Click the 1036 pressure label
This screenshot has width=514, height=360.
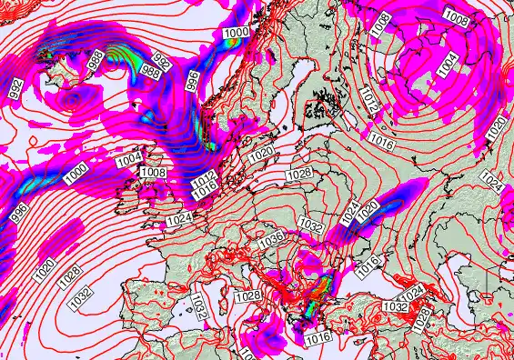point(271,238)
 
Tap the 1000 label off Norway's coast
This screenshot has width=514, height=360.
point(237,33)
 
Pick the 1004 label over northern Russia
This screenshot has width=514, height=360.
point(447,64)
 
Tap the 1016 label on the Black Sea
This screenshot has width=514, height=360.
point(367,266)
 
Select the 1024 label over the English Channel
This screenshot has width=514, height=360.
point(179,220)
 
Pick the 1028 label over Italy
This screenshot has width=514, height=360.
point(248,296)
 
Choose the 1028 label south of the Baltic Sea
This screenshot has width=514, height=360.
point(299,174)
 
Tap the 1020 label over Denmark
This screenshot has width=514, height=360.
point(259,155)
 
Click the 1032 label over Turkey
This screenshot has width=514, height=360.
point(394,307)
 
